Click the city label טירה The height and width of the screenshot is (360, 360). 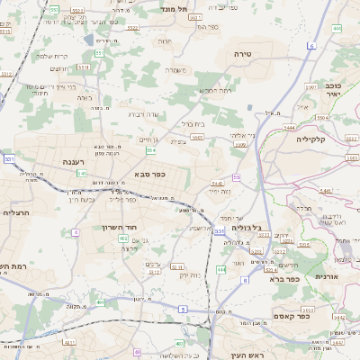[267, 55]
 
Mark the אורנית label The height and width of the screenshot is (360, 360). [325, 277]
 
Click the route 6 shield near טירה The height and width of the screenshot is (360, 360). [310, 44]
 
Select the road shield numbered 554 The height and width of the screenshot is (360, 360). [150, 150]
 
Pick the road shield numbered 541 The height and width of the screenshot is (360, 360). [81, 173]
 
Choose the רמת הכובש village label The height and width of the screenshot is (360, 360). [218, 91]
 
